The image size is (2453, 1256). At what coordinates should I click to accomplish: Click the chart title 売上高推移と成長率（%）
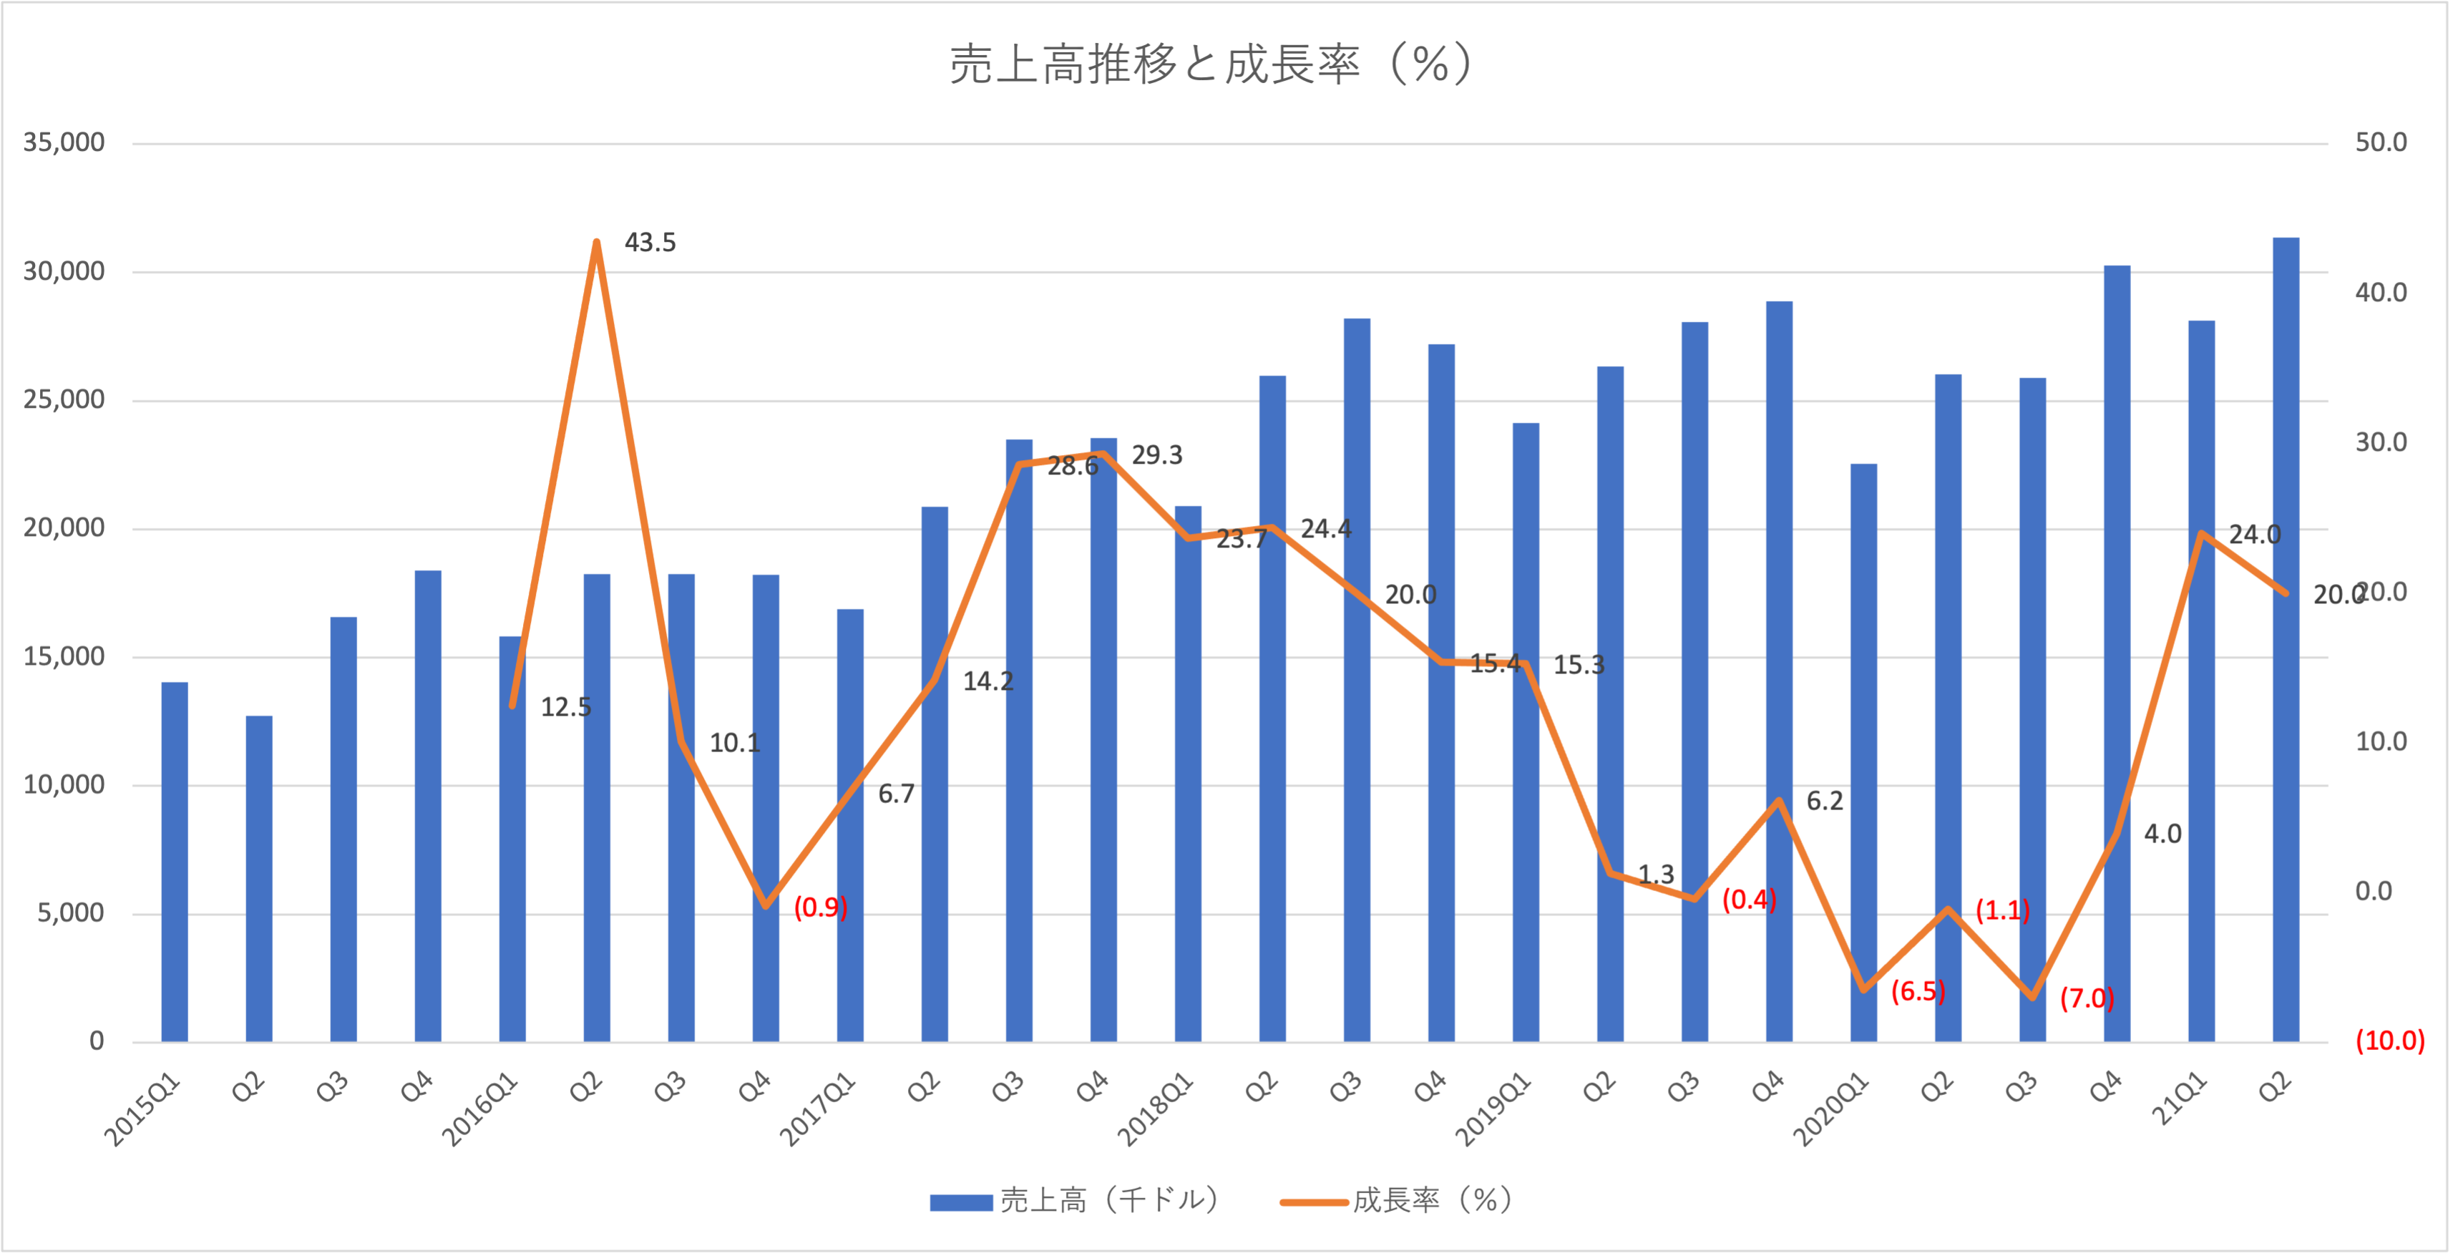pyautogui.click(x=1211, y=64)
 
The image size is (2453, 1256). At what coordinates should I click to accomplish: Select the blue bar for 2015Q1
pyautogui.click(x=175, y=862)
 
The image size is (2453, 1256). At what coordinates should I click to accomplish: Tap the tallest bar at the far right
pyautogui.click(x=2286, y=638)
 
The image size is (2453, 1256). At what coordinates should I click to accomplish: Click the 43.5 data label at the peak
pyautogui.click(x=650, y=243)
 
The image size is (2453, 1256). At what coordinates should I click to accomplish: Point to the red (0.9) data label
pyautogui.click(x=820, y=907)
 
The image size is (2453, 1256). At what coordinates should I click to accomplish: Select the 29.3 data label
pyautogui.click(x=1156, y=455)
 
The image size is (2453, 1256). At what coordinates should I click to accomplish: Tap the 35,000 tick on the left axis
pyautogui.click(x=64, y=143)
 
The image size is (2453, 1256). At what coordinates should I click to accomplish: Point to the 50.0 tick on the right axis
pyautogui.click(x=2381, y=143)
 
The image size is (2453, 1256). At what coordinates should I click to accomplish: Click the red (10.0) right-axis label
pyautogui.click(x=2389, y=1040)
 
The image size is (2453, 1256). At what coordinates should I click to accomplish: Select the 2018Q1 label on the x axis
pyautogui.click(x=1155, y=1109)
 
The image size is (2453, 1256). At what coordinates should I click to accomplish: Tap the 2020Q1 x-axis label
pyautogui.click(x=1831, y=1109)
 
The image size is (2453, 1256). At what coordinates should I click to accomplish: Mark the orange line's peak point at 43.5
pyautogui.click(x=596, y=242)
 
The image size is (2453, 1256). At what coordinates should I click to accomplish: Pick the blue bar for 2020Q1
pyautogui.click(x=1863, y=752)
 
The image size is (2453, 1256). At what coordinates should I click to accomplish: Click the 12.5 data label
pyautogui.click(x=565, y=708)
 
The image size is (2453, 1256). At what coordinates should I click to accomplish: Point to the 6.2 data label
pyautogui.click(x=1825, y=801)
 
